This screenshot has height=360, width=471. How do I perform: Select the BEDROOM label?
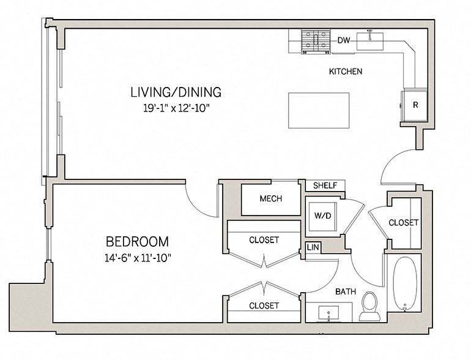tap(137, 241)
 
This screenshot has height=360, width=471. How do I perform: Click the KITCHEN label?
tap(346, 72)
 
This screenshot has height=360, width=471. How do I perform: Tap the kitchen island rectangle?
tap(318, 110)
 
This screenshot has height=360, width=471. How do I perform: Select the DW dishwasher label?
tap(344, 41)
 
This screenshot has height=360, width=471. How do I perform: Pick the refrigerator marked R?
tap(414, 105)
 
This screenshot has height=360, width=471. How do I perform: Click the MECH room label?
tap(270, 199)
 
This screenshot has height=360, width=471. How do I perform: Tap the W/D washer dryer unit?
tap(322, 216)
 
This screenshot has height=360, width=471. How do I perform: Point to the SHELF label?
tap(325, 186)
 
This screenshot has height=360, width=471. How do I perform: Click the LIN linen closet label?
tap(312, 247)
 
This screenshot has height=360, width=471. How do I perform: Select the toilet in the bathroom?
tap(369, 307)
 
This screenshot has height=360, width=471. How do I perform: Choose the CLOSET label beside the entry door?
tap(404, 223)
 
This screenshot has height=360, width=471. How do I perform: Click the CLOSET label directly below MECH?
tap(264, 240)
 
